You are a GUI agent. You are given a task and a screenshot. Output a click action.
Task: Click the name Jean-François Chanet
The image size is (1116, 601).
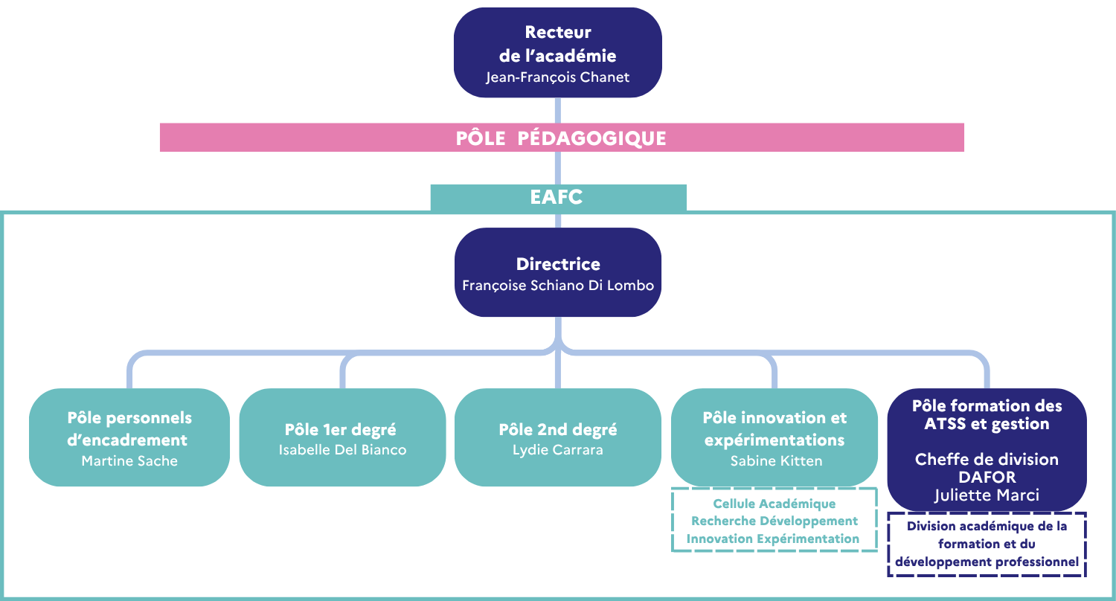coord(557,77)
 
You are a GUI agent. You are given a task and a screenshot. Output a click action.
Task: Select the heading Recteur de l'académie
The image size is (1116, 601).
coord(557,44)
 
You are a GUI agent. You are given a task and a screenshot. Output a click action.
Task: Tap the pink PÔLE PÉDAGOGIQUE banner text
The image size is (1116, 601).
coord(561,138)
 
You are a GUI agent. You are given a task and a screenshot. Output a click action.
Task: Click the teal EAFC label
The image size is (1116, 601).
coord(557,197)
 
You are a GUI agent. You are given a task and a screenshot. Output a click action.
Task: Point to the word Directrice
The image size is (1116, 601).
coord(557,264)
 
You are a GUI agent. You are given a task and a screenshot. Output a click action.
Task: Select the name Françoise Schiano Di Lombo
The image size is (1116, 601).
coord(557,285)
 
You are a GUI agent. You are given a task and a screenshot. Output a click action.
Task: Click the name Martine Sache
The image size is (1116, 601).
coord(129,460)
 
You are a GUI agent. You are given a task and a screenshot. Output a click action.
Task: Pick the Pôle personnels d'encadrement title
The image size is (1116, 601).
coord(129,429)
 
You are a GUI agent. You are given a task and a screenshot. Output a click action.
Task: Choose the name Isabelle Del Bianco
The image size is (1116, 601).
coord(342,449)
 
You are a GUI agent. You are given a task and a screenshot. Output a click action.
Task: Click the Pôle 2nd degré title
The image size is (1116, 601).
coord(558,430)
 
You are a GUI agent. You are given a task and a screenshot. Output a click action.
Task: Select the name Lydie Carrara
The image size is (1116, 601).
coord(557,449)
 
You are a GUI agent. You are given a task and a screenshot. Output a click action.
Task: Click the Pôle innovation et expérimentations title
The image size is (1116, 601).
coord(775,429)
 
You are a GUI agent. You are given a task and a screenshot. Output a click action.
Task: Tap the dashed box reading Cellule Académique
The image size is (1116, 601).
coord(774,521)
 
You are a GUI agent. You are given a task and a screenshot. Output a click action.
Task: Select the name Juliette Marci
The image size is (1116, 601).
coord(987,495)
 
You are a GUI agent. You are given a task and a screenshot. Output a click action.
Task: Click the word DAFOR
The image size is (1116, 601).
coord(987,478)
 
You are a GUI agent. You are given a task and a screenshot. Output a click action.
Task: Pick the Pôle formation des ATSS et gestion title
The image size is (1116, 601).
coord(987,415)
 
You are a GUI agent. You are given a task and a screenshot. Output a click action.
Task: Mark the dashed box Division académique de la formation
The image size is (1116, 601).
coord(987,544)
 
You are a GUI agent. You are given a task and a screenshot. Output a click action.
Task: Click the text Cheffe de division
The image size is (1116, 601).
coord(987,459)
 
